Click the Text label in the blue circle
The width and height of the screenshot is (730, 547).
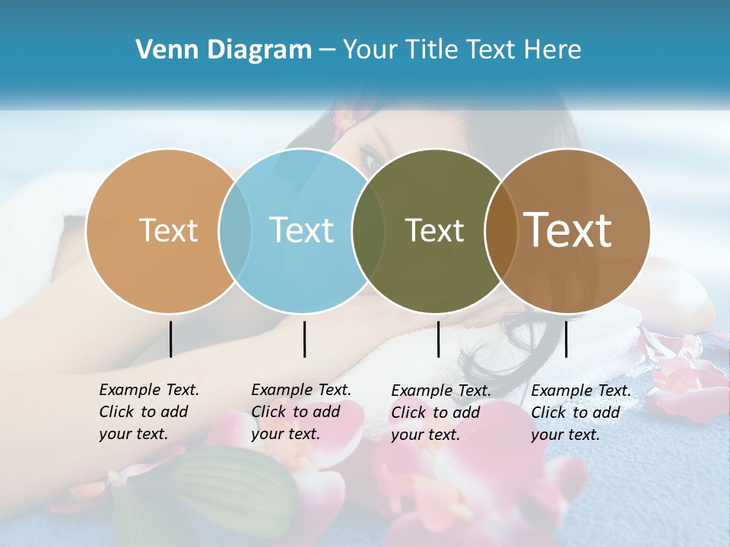pyautogui.click(x=301, y=230)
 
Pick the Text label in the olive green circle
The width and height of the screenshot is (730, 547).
pyautogui.click(x=434, y=230)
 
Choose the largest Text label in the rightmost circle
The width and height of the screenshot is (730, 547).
pyautogui.click(x=568, y=229)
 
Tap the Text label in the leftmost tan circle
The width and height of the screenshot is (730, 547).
pyautogui.click(x=168, y=230)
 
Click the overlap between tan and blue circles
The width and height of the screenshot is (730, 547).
pyautogui.click(x=235, y=230)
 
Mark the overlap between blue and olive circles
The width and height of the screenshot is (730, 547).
pyautogui.click(x=368, y=230)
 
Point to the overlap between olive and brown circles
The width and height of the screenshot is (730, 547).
pyautogui.click(x=500, y=230)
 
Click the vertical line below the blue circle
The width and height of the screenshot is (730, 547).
pyautogui.click(x=304, y=339)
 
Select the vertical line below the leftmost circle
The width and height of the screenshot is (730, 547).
pyautogui.click(x=170, y=339)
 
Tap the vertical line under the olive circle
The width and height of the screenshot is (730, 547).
pyautogui.click(x=438, y=339)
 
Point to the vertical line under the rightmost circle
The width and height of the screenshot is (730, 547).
pyautogui.click(x=566, y=339)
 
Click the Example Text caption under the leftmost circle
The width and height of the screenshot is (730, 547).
pyautogui.click(x=148, y=411)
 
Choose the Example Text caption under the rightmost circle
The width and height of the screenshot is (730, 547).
pyautogui.click(x=580, y=412)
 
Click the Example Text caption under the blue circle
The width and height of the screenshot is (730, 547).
pyautogui.click(x=300, y=411)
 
